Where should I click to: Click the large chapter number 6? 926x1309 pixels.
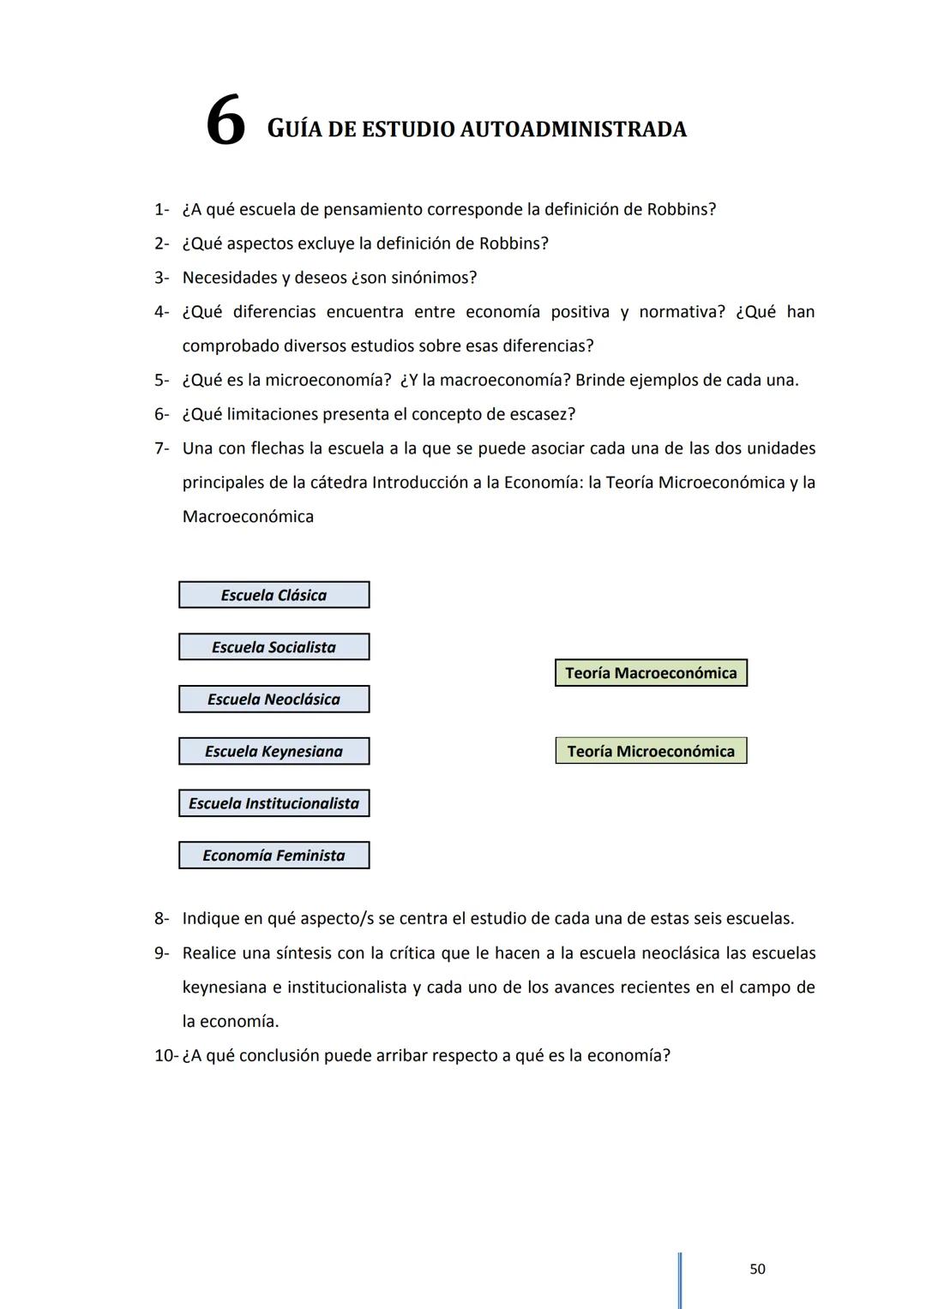coord(225,122)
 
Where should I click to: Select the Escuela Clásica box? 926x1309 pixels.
coord(274,595)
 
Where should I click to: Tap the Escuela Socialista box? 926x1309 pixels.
coord(274,647)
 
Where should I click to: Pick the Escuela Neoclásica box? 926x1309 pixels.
coord(274,700)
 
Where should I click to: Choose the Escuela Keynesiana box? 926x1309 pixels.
coord(274,752)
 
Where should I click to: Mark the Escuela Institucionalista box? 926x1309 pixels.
coord(274,803)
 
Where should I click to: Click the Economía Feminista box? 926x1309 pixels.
coord(274,856)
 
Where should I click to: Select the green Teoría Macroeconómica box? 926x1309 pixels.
coord(651,673)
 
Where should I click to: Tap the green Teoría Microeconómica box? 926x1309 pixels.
coord(651,751)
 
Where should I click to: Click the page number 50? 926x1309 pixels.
coord(757,1269)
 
